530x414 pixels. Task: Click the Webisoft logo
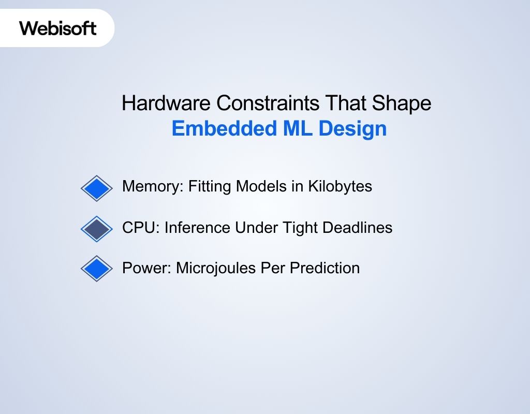tap(58, 27)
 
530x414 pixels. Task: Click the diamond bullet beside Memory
tap(97, 188)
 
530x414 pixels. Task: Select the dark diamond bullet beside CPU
tap(97, 229)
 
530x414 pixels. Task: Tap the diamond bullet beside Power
tap(97, 269)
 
